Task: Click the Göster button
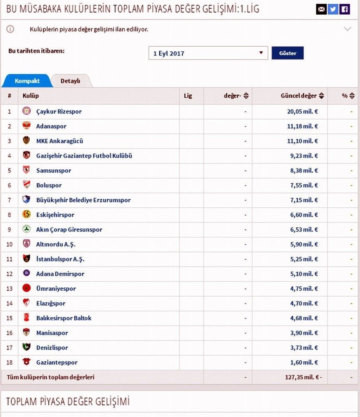point(287,53)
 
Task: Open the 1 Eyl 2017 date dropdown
point(208,53)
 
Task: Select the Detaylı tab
point(70,81)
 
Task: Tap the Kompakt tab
point(27,81)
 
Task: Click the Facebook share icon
point(345,9)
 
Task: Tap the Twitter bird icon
point(333,9)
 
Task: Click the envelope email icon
point(321,9)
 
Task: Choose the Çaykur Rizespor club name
point(59,112)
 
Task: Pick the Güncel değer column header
point(299,96)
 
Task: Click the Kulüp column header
point(30,96)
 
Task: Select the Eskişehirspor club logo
point(27,215)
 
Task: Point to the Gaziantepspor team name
point(57,362)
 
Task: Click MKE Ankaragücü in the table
point(60,141)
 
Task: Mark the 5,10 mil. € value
point(303,274)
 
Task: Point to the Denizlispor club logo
point(27,347)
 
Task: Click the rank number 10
point(10,244)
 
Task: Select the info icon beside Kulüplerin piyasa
point(10,29)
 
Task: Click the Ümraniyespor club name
point(56,289)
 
